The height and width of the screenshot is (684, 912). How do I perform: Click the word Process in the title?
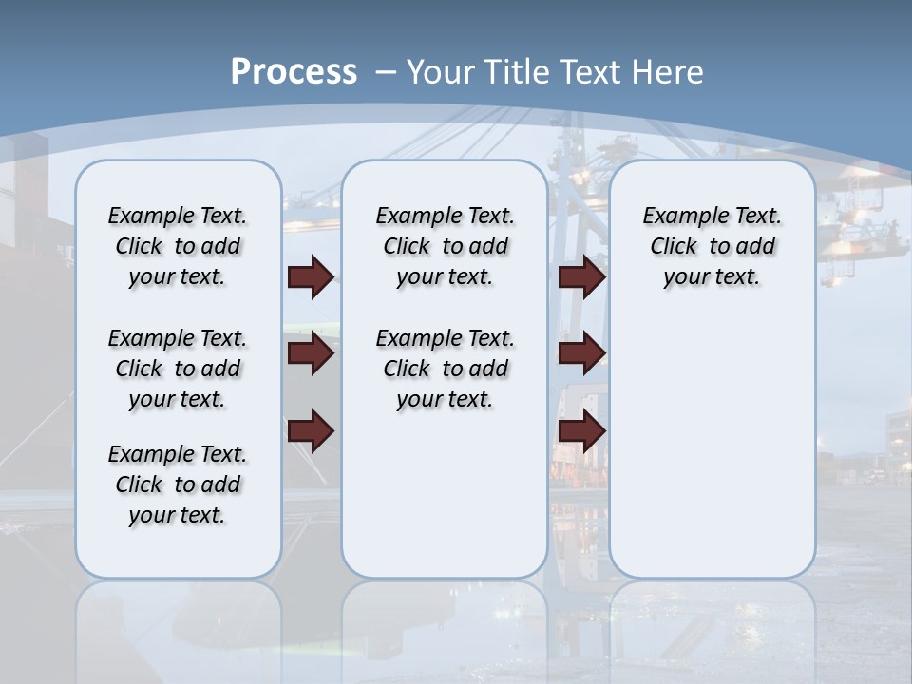point(294,71)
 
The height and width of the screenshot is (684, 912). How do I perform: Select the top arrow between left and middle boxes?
point(311,276)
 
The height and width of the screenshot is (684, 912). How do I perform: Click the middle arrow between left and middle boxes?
point(311,353)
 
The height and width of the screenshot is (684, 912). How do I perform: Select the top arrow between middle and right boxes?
point(581,276)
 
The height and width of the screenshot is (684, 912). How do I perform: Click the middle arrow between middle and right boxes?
point(581,353)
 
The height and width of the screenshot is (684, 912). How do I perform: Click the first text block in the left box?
point(178,246)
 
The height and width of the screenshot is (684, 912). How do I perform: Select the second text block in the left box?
point(178,369)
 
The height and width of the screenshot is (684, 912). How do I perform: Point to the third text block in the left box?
point(178,484)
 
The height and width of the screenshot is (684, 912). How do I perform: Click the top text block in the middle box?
point(445,246)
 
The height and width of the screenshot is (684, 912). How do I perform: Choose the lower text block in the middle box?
point(445,369)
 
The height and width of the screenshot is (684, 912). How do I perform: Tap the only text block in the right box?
point(712,246)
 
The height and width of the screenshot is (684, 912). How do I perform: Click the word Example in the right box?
point(677,217)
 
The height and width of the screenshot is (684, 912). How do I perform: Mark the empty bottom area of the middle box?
point(445,503)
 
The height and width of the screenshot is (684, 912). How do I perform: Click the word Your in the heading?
point(442,72)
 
